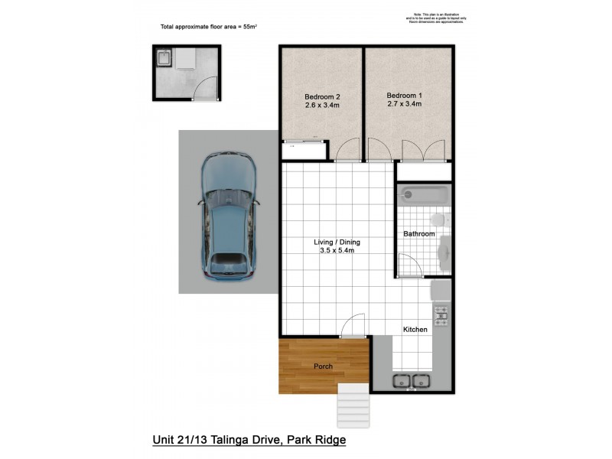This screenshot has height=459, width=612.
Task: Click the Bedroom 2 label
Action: click(x=321, y=96)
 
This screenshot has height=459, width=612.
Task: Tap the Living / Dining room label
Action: click(x=337, y=243)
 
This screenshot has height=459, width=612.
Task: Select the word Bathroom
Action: click(x=419, y=234)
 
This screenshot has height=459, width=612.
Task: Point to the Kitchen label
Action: click(x=415, y=330)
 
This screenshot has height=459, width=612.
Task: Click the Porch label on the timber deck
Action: click(x=324, y=366)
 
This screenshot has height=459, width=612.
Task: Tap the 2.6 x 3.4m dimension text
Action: click(x=321, y=106)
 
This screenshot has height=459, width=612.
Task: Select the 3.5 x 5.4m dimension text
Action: click(x=337, y=252)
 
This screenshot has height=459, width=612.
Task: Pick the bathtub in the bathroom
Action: click(x=423, y=194)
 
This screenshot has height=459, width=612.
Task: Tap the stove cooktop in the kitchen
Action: click(x=441, y=313)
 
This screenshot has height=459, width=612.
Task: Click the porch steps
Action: click(x=353, y=405)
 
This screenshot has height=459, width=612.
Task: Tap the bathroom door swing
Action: click(x=410, y=265)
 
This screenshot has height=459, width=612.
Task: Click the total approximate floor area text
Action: click(x=208, y=27)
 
